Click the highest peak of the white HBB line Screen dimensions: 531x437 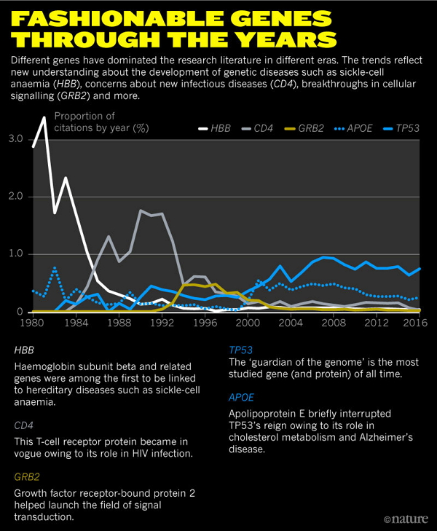point(44,117)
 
